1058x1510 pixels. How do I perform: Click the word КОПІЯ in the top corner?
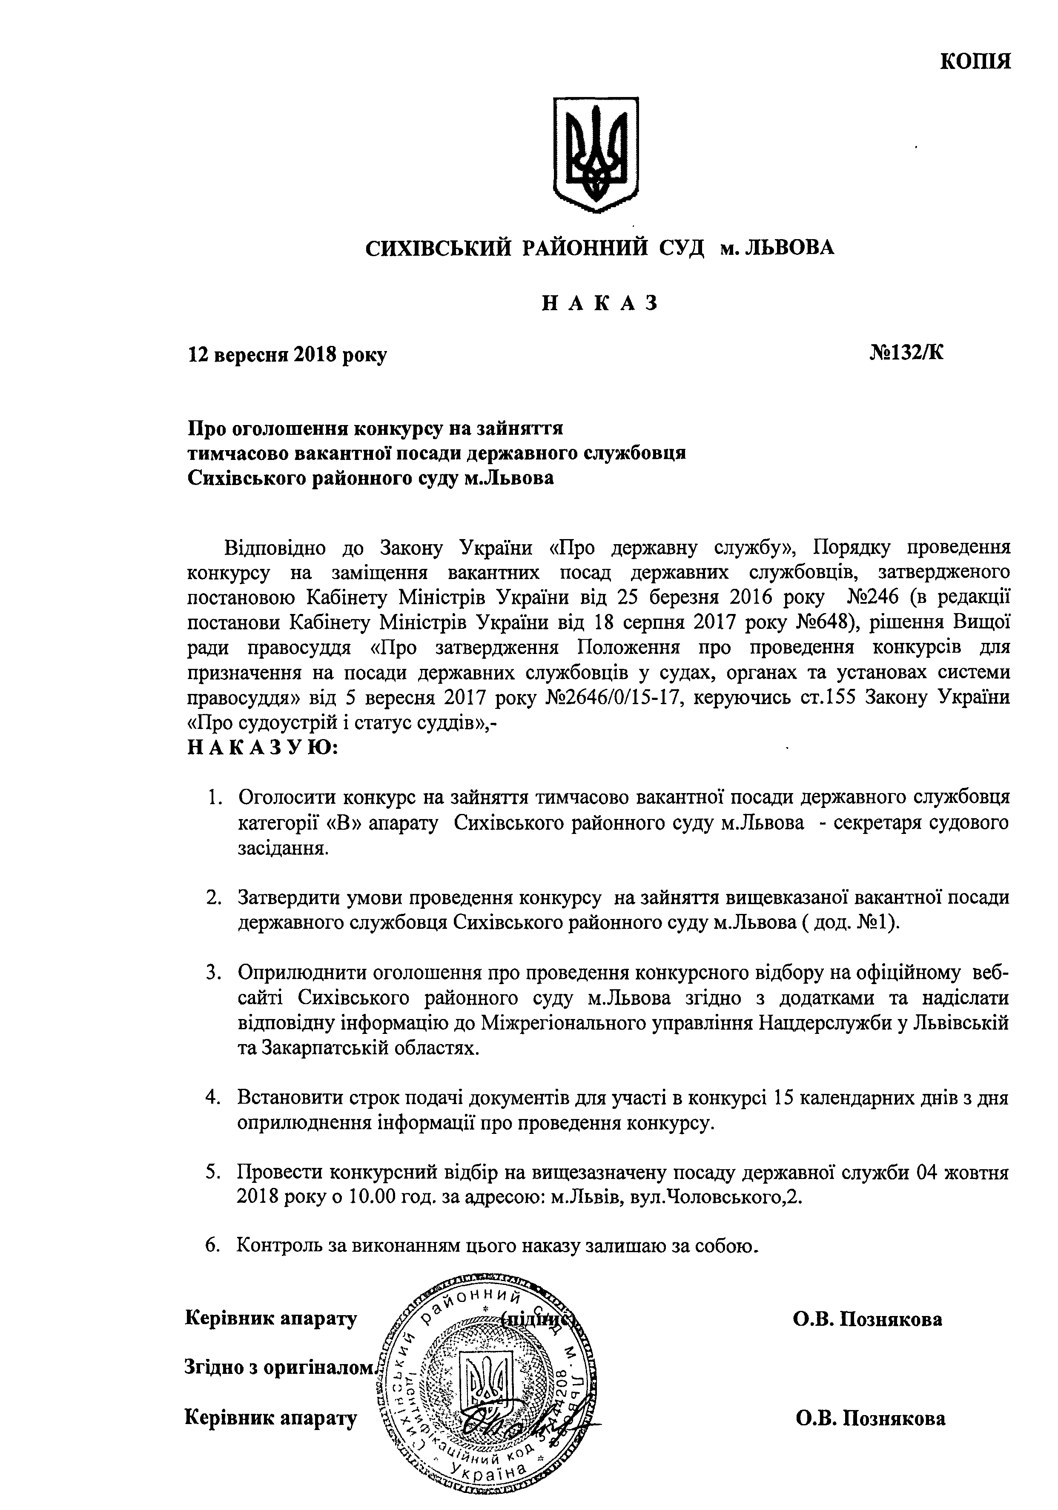975,61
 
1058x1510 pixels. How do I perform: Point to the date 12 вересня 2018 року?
287,355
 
